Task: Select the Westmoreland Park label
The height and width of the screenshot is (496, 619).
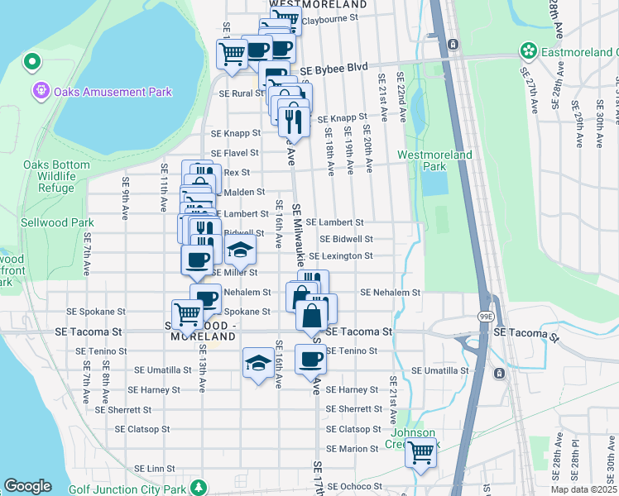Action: (434, 160)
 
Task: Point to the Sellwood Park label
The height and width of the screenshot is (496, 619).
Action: (59, 223)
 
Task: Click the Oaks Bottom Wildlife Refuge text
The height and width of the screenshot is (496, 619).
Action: (56, 176)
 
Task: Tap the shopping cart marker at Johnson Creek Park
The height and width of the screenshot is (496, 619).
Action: (420, 452)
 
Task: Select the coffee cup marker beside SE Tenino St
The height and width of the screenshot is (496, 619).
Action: (310, 359)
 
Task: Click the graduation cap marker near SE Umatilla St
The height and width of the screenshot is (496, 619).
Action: (258, 362)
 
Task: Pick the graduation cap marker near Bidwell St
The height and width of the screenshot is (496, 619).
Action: (240, 250)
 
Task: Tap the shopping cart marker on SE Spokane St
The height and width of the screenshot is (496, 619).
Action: (188, 313)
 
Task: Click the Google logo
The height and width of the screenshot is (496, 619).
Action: (27, 486)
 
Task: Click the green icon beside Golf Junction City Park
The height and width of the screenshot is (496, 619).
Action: (197, 488)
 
